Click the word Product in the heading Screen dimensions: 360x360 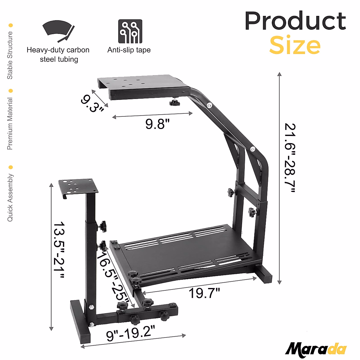[295, 21]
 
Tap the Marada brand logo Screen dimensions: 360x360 [316, 349]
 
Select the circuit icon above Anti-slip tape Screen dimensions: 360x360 [130, 31]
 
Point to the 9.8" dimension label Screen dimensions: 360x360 [157, 124]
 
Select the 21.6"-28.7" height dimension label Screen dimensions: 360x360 [290, 157]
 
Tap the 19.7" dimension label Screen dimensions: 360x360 [204, 293]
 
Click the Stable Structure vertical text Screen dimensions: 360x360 [10, 55]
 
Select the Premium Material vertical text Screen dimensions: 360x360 [10, 124]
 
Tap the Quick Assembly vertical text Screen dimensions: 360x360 [10, 198]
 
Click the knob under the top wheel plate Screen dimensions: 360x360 [174, 103]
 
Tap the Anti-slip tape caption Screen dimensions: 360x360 [129, 50]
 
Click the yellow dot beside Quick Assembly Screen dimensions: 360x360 [11, 167]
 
